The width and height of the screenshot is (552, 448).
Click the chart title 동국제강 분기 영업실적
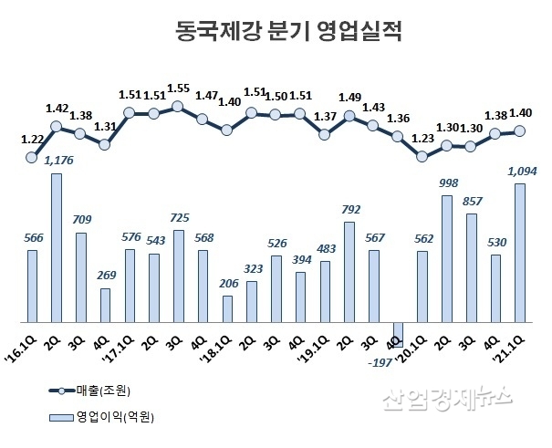276,34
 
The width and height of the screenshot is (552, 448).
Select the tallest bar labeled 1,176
57,247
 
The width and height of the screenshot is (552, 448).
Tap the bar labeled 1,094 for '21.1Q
520,253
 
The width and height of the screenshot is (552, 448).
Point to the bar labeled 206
227,308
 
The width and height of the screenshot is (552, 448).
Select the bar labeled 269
105,305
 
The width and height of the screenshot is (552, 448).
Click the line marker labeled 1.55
178,107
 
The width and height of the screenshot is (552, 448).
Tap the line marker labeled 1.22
32,157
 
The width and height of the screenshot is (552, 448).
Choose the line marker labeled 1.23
422,156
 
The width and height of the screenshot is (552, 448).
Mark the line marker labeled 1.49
349,115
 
